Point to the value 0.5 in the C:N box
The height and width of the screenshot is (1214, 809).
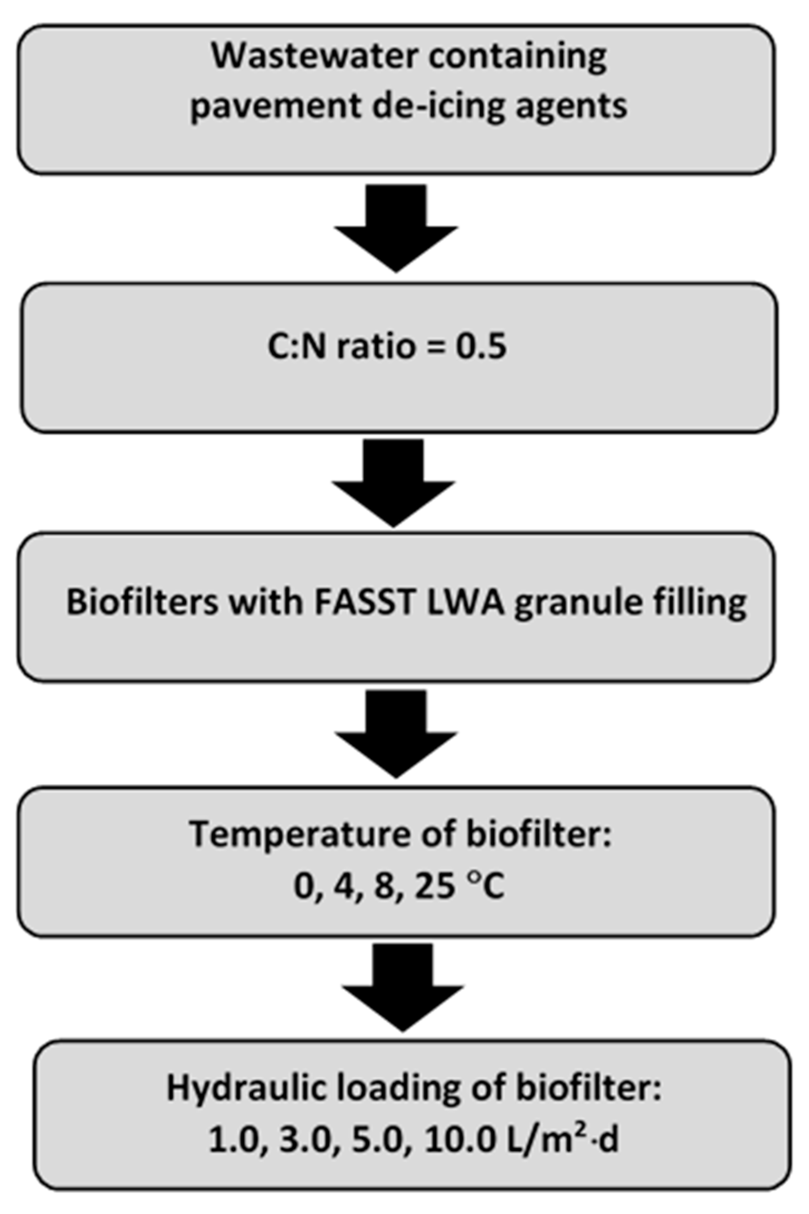point(480,347)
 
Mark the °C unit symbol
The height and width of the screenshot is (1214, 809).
point(486,887)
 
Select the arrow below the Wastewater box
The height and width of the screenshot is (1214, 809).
point(396,227)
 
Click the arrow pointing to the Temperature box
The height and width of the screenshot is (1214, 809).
point(396,733)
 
